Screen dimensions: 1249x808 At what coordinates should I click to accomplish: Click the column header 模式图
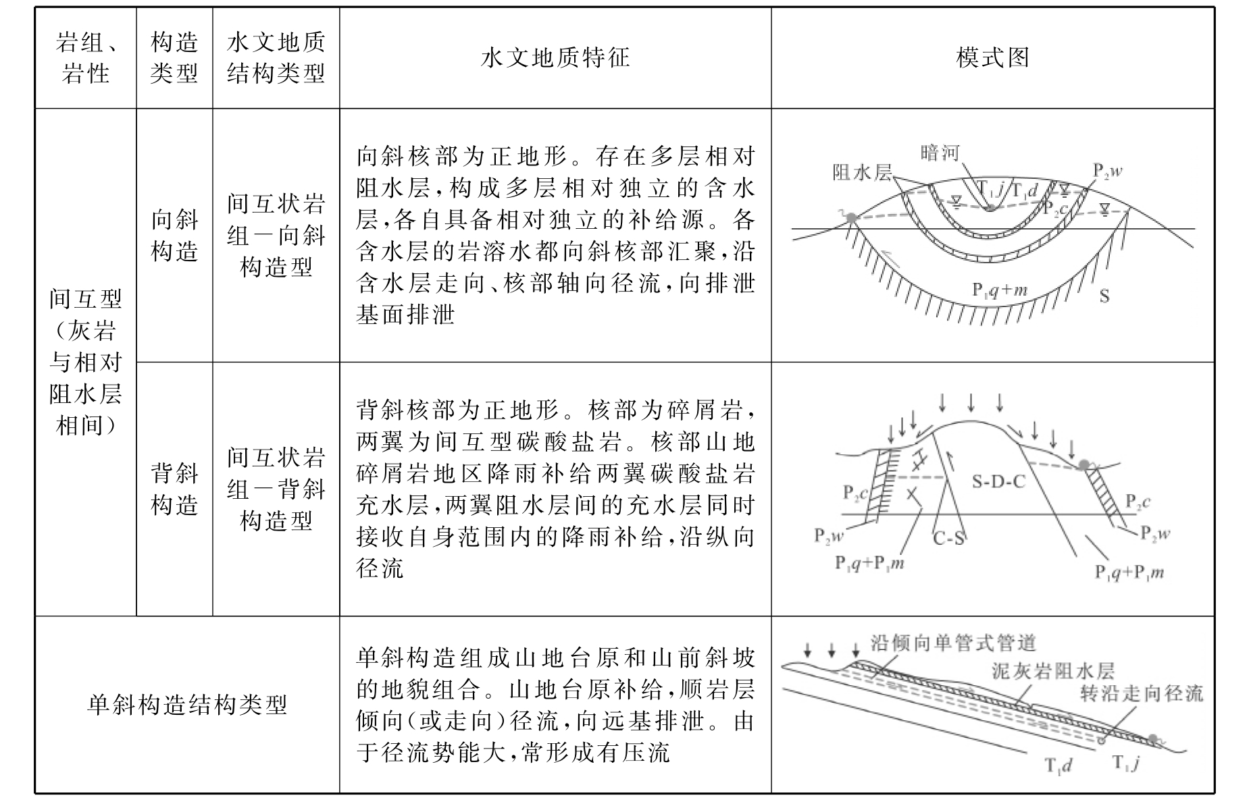992,58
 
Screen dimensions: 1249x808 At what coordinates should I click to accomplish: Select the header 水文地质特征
555,58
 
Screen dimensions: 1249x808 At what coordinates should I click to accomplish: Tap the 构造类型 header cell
174,58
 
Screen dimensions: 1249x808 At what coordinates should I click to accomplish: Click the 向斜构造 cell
174,236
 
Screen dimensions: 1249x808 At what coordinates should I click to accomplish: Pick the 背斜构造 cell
174,489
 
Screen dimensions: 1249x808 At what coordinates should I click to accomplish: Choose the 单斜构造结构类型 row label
187,705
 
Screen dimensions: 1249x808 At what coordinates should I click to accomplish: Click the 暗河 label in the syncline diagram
940,153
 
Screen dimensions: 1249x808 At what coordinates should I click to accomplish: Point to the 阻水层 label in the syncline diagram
861,173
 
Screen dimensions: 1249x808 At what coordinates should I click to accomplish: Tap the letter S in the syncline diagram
1104,296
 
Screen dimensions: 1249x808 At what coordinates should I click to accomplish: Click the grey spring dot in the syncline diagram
852,217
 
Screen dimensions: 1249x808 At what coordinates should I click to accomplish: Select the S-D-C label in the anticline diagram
998,481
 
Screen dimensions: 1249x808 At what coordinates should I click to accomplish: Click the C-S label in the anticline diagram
948,539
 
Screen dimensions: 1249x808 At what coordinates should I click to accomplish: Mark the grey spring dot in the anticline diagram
1084,464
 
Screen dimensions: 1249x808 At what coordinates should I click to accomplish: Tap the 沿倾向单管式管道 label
952,643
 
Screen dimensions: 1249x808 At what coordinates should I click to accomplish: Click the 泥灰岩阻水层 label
1052,670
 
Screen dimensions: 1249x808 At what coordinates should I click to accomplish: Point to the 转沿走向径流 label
1142,693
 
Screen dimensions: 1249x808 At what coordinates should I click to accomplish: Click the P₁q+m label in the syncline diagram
1000,290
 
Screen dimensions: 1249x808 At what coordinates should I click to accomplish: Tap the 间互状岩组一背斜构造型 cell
276,489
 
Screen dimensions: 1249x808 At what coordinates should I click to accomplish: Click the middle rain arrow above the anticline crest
971,403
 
